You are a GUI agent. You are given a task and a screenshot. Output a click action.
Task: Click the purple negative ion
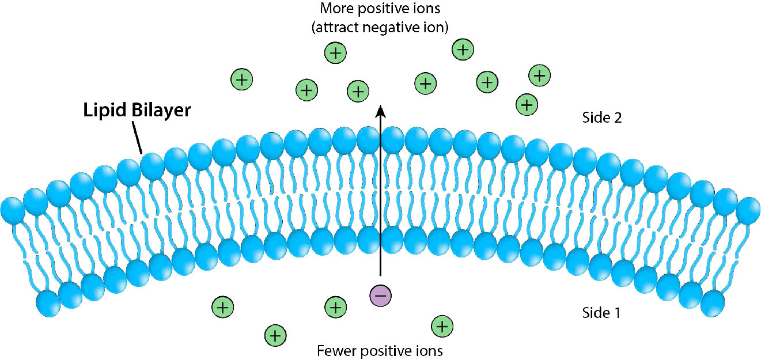click(380, 295)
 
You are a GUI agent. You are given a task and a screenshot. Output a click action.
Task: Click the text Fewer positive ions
click(380, 350)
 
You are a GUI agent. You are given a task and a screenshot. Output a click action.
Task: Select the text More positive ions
click(380, 9)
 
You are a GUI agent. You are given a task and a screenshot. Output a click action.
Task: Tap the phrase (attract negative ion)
click(380, 27)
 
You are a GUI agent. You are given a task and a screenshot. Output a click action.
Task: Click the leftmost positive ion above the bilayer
click(242, 79)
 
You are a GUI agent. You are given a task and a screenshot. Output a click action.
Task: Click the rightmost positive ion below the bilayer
click(442, 327)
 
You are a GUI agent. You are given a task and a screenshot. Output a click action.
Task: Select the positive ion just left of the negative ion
click(335, 307)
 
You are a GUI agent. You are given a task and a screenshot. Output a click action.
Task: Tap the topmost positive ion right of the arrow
click(462, 50)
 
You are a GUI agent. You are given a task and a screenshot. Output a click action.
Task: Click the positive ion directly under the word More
click(335, 53)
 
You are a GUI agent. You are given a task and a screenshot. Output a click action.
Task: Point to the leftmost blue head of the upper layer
click(12, 209)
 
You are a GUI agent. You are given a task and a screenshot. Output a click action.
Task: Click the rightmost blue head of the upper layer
click(748, 209)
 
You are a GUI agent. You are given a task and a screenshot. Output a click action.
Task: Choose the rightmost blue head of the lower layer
click(713, 302)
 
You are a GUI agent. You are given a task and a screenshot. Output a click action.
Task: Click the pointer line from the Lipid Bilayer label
click(137, 138)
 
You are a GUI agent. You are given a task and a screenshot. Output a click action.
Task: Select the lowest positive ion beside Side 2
click(526, 104)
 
